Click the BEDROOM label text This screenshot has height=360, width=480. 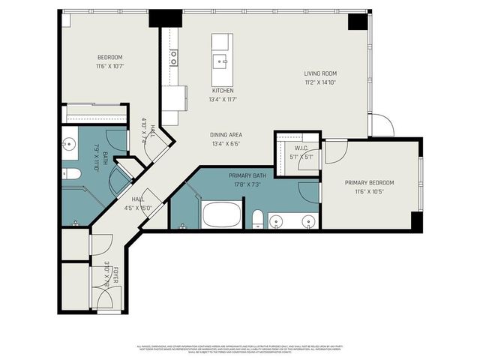[x=109, y=58]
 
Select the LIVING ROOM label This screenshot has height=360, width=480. [x=319, y=73]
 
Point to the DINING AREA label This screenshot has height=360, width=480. [x=226, y=135]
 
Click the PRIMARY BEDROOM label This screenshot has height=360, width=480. [x=369, y=182]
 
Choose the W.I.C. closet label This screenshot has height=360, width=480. [x=302, y=148]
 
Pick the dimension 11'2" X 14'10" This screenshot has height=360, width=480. [x=319, y=82]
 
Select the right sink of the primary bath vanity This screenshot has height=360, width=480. [x=307, y=220]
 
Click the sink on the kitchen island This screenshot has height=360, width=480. [x=221, y=61]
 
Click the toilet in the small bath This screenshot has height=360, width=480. [x=70, y=174]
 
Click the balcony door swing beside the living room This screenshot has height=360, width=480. [x=381, y=126]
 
